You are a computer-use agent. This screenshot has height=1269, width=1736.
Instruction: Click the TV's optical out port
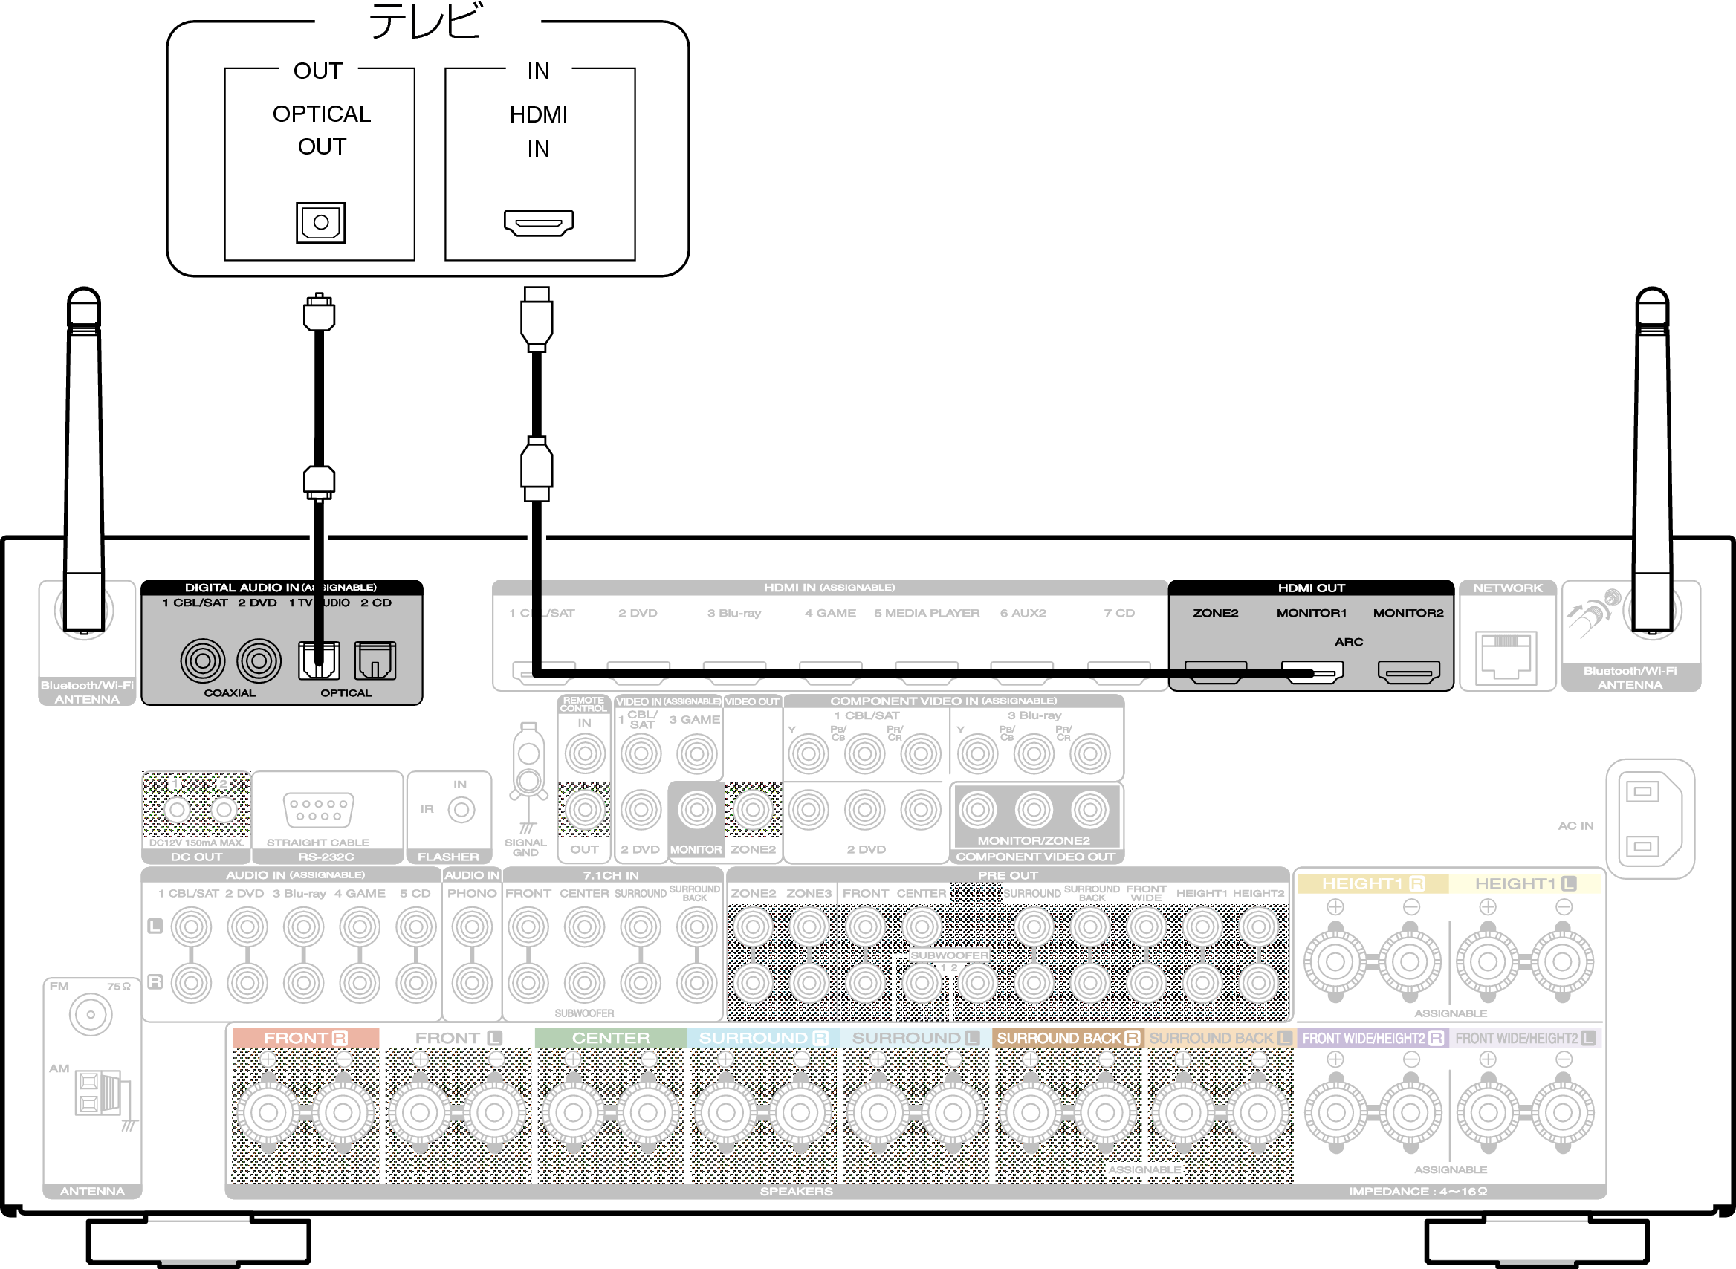pyautogui.click(x=320, y=223)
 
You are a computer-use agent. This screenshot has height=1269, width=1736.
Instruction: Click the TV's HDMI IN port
pyautogui.click(x=539, y=223)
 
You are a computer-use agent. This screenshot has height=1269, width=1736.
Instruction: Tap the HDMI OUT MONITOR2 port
pyautogui.click(x=1408, y=672)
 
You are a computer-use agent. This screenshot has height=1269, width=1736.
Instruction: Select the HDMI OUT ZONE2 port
pyautogui.click(x=1215, y=672)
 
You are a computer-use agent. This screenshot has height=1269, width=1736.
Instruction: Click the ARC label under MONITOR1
pyautogui.click(x=1348, y=641)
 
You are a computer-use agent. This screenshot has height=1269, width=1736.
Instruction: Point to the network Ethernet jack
pyautogui.click(x=1506, y=657)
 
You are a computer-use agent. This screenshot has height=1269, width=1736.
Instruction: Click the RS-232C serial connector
pyautogui.click(x=318, y=810)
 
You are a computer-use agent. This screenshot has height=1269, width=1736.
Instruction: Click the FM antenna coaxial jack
pyautogui.click(x=91, y=1015)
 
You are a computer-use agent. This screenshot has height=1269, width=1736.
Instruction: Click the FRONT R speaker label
pyautogui.click(x=305, y=1038)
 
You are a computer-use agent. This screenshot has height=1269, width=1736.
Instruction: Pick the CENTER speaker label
pyautogui.click(x=610, y=1038)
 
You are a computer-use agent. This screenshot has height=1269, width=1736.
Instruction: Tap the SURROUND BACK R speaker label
pyautogui.click(x=1067, y=1038)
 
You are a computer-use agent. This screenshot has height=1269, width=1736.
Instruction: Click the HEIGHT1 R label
pyautogui.click(x=1372, y=883)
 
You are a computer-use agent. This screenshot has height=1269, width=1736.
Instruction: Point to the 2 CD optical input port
pyautogui.click(x=375, y=661)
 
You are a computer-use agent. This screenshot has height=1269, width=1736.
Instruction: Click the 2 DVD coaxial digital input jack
pyautogui.click(x=259, y=661)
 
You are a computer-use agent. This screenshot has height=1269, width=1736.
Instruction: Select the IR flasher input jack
pyautogui.click(x=461, y=810)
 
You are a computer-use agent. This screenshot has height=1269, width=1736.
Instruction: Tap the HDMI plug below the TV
pyautogui.click(x=536, y=319)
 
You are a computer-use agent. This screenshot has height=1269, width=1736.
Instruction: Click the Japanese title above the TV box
pyautogui.click(x=427, y=22)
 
